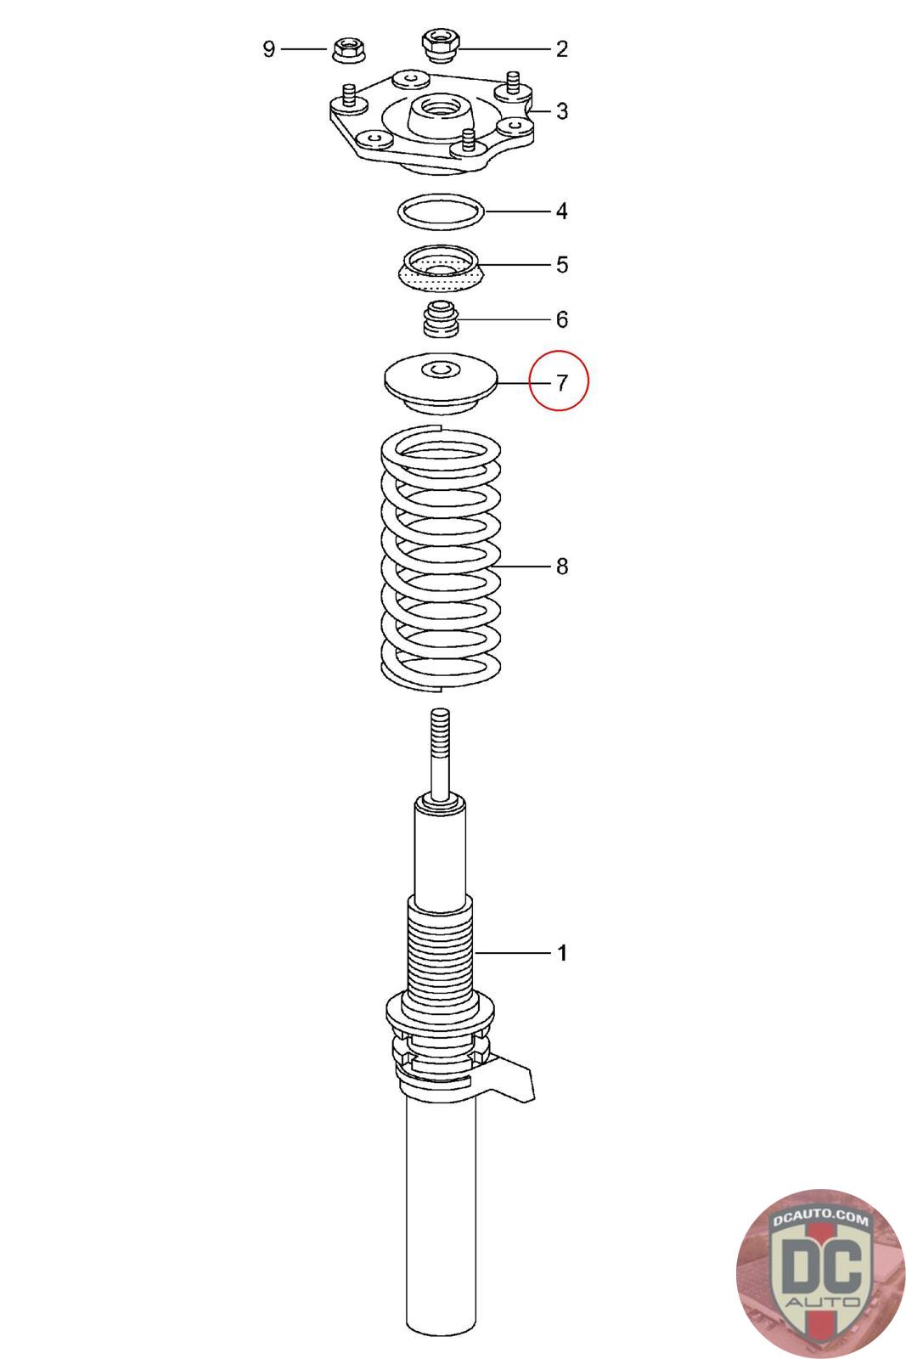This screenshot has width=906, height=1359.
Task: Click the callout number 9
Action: coord(268,48)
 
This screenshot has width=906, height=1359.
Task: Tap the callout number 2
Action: coord(562,49)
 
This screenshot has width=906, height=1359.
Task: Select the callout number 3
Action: coord(562,111)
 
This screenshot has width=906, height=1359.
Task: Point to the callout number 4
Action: coord(562,211)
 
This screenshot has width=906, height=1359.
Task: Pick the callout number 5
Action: coord(562,264)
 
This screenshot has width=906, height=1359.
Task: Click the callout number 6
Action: coord(562,319)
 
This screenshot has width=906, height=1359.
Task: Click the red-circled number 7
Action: coord(562,383)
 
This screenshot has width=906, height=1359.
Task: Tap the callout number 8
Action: coord(562,566)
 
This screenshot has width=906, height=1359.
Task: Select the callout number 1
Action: coord(562,953)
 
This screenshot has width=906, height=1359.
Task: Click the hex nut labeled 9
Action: coord(349,48)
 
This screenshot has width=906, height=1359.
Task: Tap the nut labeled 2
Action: coord(441,44)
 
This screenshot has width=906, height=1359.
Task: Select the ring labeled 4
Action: coord(442,195)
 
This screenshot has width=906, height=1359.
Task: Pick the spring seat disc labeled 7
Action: coord(441,382)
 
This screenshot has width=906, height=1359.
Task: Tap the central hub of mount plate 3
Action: coord(441,117)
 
